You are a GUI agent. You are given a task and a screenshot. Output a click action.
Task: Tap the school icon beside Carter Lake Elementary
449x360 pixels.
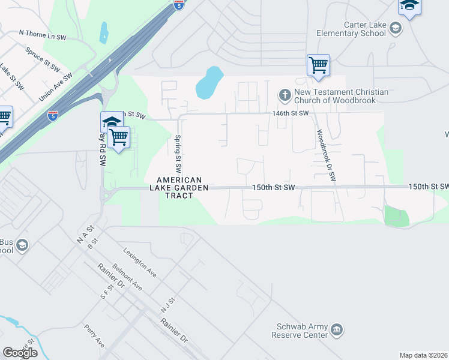point(395,27)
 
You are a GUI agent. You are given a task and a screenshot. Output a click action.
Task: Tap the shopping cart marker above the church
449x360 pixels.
point(318,65)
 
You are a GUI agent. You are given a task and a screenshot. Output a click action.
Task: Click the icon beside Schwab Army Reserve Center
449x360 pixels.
point(337,329)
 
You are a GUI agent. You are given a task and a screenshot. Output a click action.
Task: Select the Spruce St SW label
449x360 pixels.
point(41,58)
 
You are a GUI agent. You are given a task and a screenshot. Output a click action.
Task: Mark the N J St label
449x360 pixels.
point(167,304)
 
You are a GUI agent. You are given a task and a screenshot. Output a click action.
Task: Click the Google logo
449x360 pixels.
point(20,353)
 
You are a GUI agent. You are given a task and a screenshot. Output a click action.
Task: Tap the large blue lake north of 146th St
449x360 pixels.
point(208,83)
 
